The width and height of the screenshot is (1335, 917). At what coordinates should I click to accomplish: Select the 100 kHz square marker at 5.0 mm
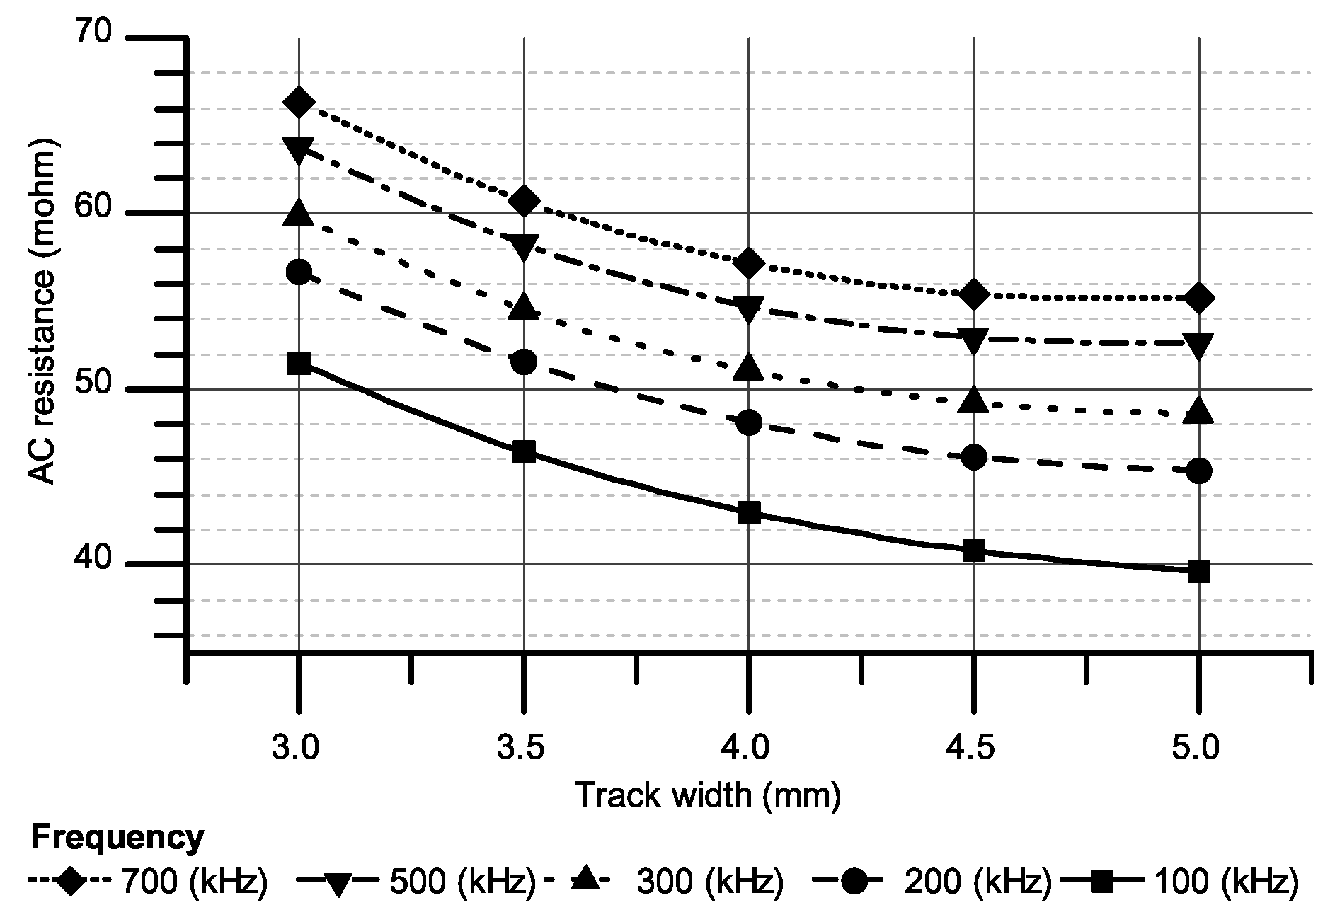point(1198,571)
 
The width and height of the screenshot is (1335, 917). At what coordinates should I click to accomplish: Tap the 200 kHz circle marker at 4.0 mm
point(749,423)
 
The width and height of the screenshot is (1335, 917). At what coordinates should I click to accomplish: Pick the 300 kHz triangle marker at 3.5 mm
point(524,306)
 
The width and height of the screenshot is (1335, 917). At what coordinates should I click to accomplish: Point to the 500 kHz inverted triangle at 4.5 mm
point(974,341)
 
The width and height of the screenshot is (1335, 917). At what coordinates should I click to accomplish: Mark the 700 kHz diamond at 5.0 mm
point(1198,298)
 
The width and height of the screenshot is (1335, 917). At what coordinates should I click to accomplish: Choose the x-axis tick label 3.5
point(523,747)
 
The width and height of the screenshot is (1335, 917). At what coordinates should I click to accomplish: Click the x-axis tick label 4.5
point(973,747)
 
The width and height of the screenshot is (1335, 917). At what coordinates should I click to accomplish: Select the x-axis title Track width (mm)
point(708,795)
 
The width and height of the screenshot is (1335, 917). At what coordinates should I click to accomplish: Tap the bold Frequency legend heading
point(118,838)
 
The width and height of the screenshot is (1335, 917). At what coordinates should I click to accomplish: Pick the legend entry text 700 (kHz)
point(194,882)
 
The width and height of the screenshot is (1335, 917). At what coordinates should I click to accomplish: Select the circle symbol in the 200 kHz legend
point(856,882)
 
